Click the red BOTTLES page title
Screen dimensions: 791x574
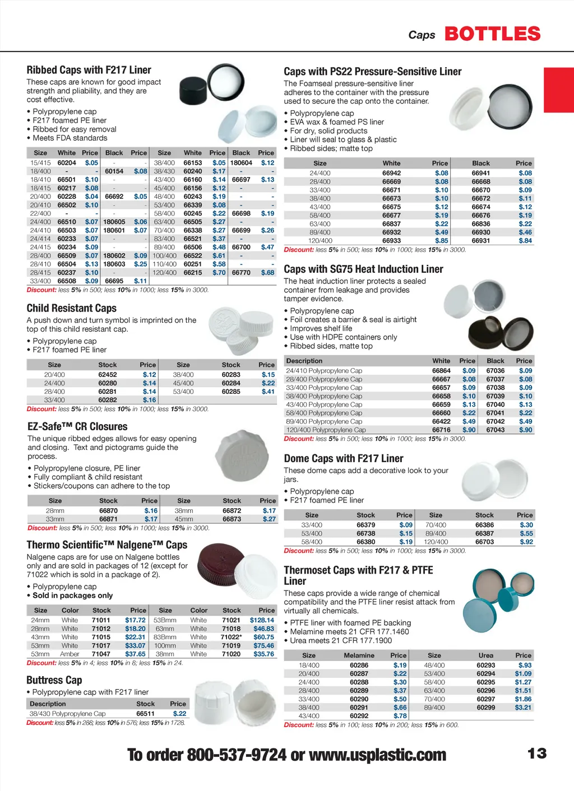coord(492,34)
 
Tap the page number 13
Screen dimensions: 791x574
coord(536,753)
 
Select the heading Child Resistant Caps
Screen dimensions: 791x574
coord(72,308)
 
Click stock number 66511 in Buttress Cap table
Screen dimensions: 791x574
coord(145,714)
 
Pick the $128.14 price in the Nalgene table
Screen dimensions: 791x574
coord(262,620)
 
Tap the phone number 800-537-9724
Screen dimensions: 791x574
coord(237,755)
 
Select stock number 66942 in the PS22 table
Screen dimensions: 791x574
coord(391,173)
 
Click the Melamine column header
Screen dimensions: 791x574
coord(359,655)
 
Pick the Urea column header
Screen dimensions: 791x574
coord(485,655)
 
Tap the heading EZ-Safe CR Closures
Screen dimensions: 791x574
coord(77,426)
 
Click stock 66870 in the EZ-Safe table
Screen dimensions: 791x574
coord(108,511)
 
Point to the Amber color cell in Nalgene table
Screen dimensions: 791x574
coord(70,654)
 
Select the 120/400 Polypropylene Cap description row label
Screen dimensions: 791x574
coord(326,430)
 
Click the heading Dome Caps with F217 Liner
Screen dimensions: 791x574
coord(343,458)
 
